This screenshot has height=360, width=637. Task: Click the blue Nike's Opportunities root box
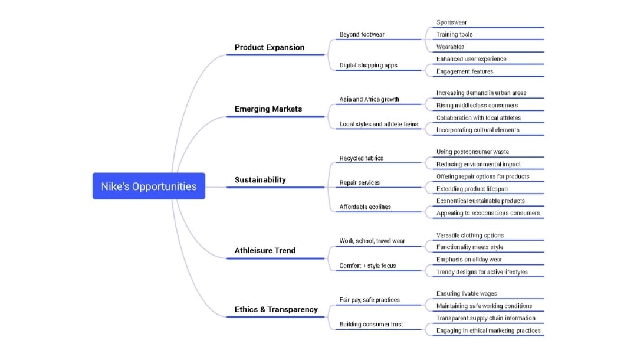pos(149,186)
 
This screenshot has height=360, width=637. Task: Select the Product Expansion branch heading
pos(270,47)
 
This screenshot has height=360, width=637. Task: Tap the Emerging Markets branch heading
pos(268,109)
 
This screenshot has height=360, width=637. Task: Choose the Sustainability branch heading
pos(260,179)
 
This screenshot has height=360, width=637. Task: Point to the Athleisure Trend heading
pos(265,250)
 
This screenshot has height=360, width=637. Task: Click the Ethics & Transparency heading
pos(276,309)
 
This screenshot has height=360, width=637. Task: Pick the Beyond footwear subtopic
pos(362,34)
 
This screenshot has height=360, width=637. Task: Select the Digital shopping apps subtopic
pos(368,65)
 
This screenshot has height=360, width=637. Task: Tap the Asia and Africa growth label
pos(369,99)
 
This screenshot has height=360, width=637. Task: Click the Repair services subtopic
pos(359,182)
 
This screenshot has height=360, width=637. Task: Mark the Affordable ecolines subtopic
pos(365,207)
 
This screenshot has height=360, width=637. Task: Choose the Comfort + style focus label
pos(367,266)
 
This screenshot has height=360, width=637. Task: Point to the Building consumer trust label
pos(371,324)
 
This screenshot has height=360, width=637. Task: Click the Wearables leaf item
pos(450,47)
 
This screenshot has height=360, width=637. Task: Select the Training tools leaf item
pos(454,34)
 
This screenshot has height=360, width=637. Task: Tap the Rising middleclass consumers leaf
pos(477,105)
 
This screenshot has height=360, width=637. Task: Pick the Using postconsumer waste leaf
pos(472,152)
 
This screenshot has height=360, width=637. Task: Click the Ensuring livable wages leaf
pos(466,293)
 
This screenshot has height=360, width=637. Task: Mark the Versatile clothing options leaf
pos(469,235)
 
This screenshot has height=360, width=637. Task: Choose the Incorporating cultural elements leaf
pos(478,130)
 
